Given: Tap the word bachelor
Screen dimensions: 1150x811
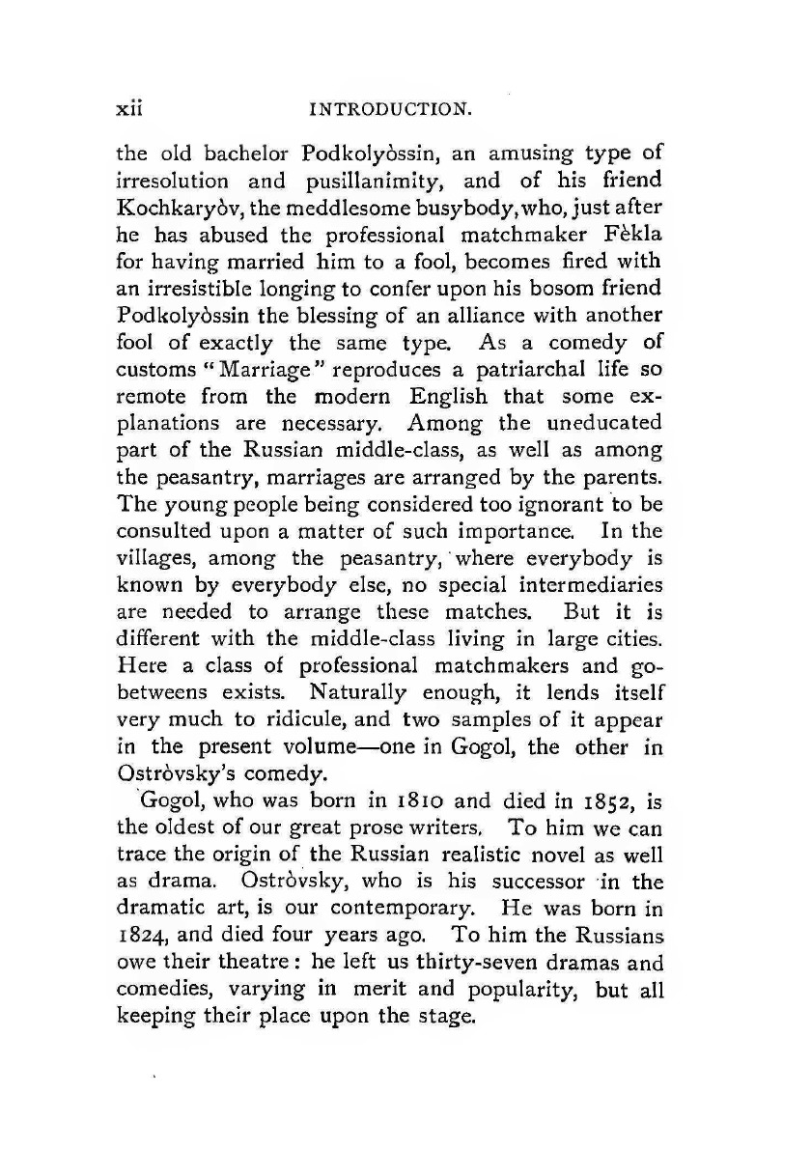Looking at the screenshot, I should tap(246, 158).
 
